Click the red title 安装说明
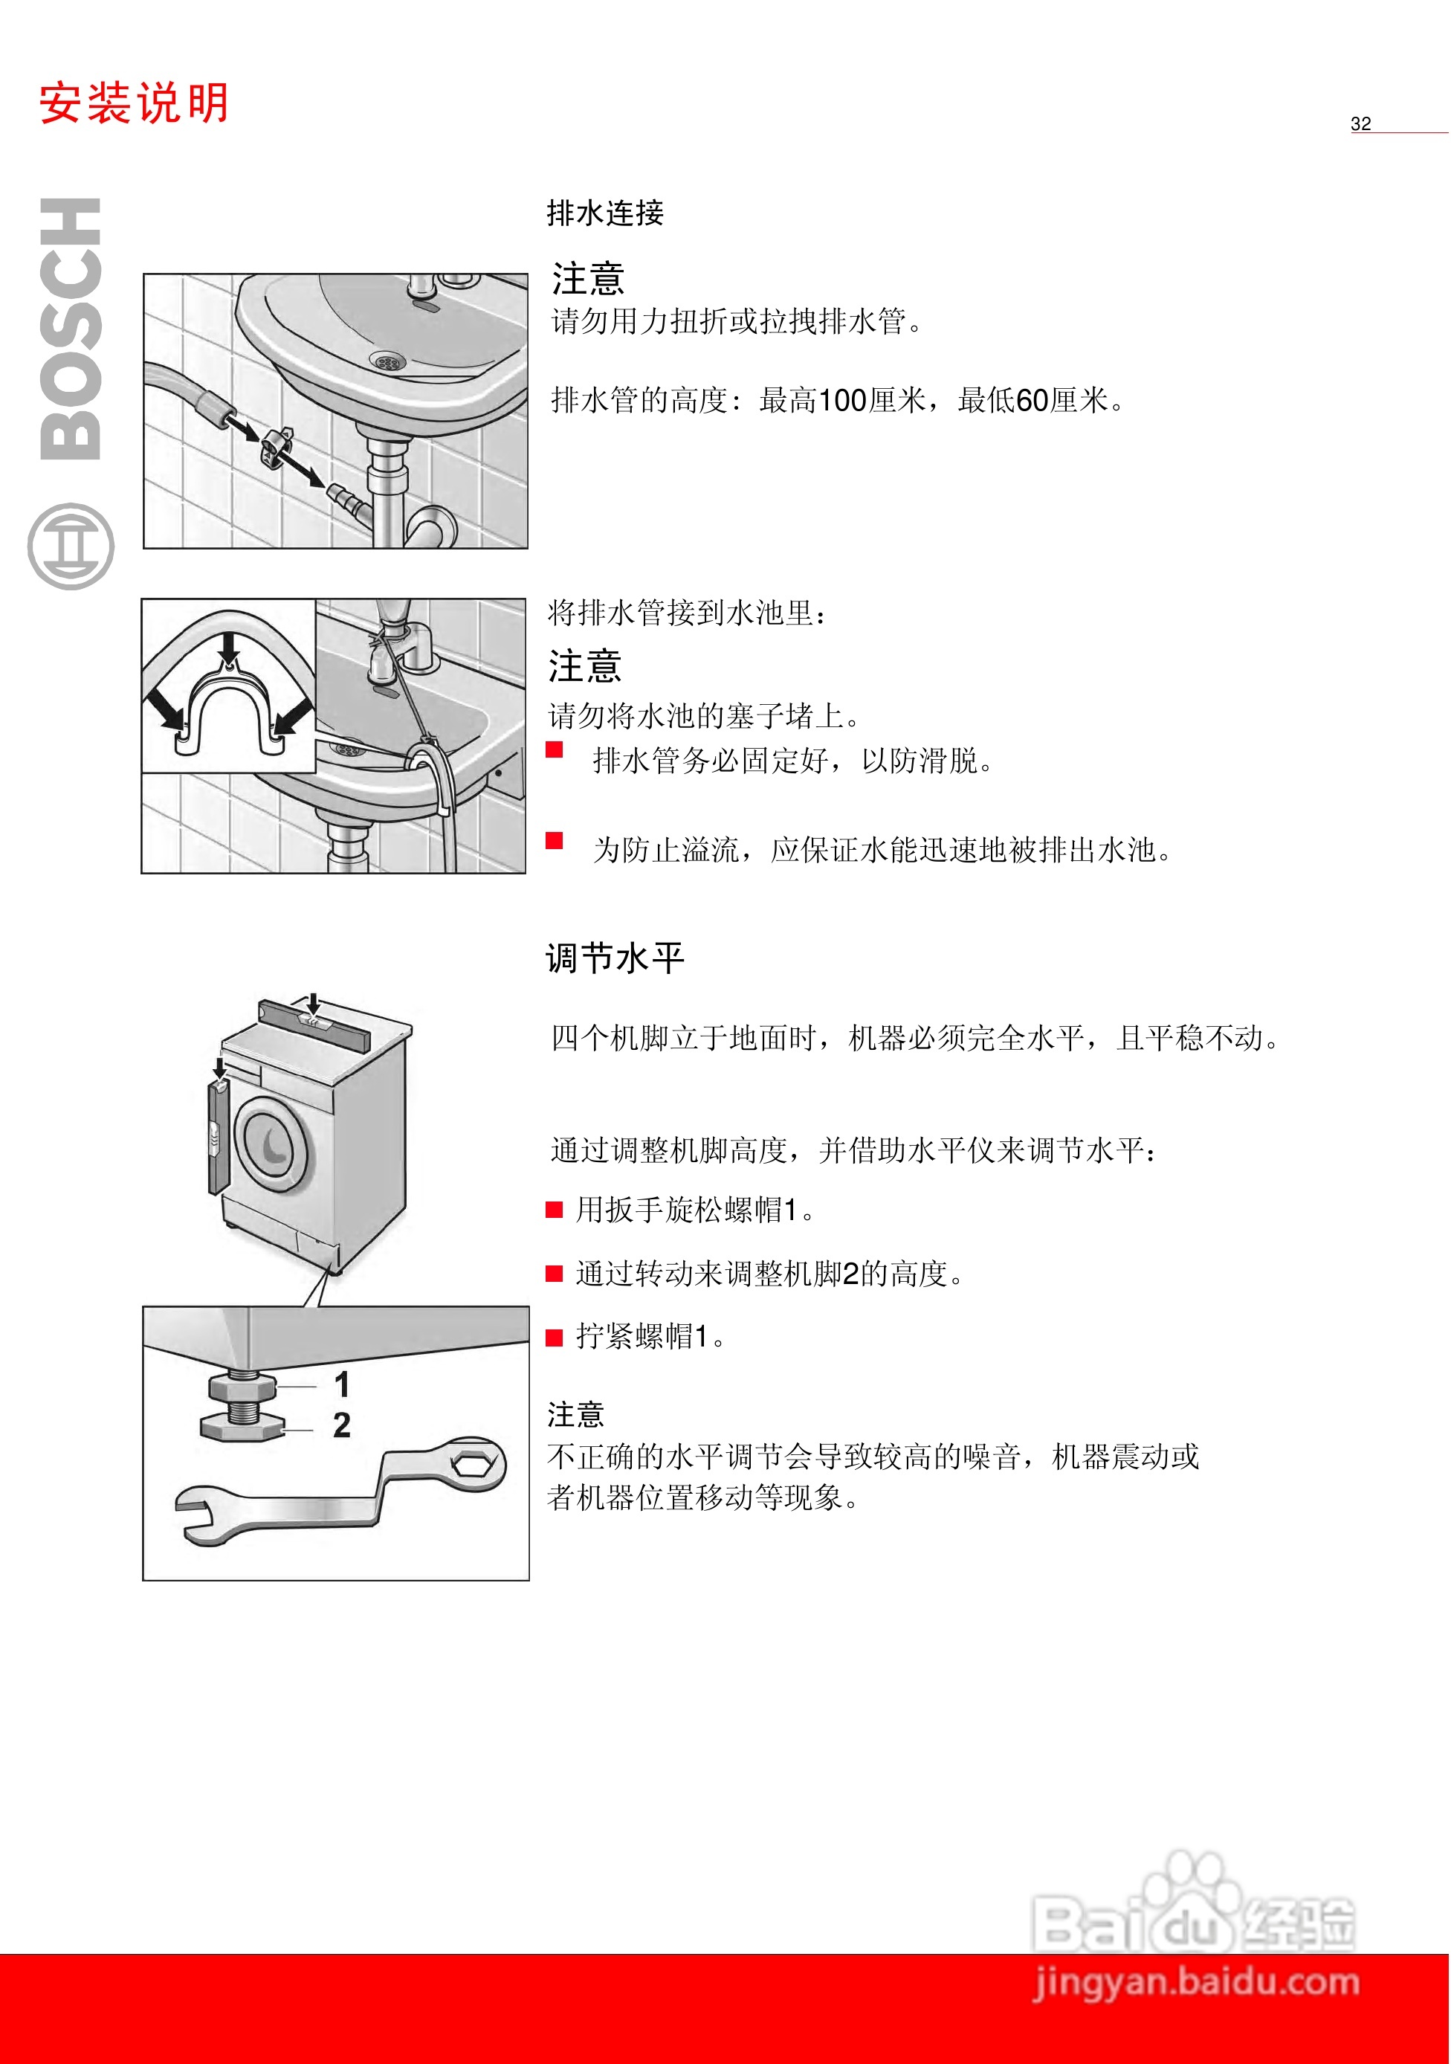(x=133, y=103)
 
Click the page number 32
(x=1360, y=124)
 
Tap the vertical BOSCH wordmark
(x=70, y=329)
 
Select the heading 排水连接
(x=605, y=213)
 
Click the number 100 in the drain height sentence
(x=841, y=400)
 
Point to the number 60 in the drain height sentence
(x=1032, y=400)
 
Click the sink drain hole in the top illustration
(x=387, y=361)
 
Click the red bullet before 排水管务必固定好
(x=555, y=749)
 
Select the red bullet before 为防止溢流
(x=555, y=840)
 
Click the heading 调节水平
(x=615, y=958)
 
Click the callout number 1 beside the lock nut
(x=342, y=1384)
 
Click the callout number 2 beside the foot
(x=342, y=1425)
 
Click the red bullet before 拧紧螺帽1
(x=555, y=1338)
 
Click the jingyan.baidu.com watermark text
(x=1196, y=1982)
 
